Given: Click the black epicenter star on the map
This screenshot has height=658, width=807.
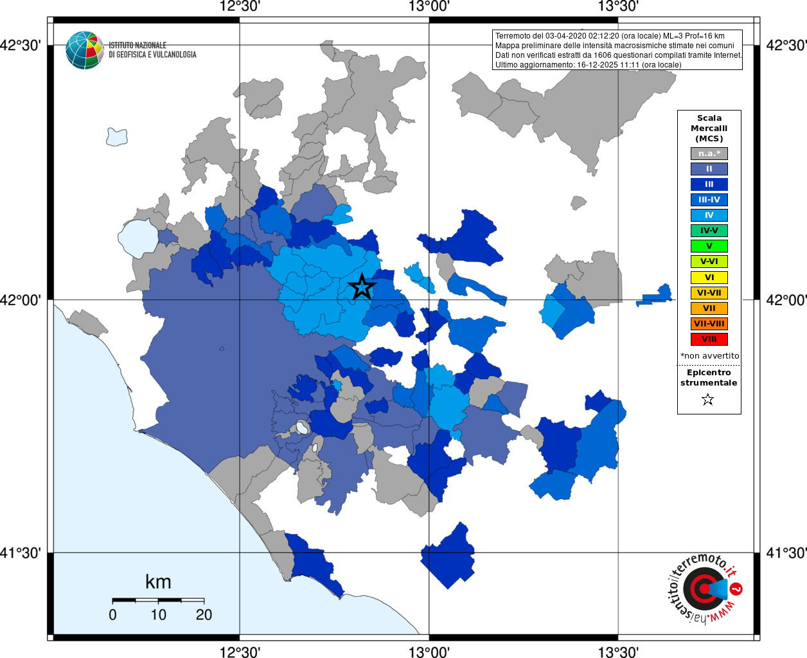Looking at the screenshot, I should coord(362,287).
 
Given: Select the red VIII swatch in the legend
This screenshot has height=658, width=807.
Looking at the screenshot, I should coord(709,339).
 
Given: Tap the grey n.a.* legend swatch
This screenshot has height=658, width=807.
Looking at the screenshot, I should coord(709,154).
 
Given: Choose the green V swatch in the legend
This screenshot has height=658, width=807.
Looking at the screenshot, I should coord(709,246).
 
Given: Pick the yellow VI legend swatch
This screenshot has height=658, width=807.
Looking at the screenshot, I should coord(709,278).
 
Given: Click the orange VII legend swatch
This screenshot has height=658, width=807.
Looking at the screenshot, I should coord(709,308).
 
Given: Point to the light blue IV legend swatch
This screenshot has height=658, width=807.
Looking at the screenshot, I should coord(709,215).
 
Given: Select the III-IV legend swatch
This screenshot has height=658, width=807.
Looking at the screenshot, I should coord(709,200).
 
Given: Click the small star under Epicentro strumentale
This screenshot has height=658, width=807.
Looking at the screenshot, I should coord(708,400).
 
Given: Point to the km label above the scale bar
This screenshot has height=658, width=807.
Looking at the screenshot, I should coord(158,582).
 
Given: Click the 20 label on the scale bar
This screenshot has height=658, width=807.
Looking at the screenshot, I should coord(204,615).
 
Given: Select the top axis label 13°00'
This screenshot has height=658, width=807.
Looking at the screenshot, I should coord(429,7).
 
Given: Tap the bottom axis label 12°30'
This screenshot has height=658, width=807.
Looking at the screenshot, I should coord(240,652).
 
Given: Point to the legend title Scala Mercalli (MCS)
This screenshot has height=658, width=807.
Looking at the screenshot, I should coord(709,128).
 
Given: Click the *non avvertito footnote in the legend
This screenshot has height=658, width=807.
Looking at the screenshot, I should coord(709,356).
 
